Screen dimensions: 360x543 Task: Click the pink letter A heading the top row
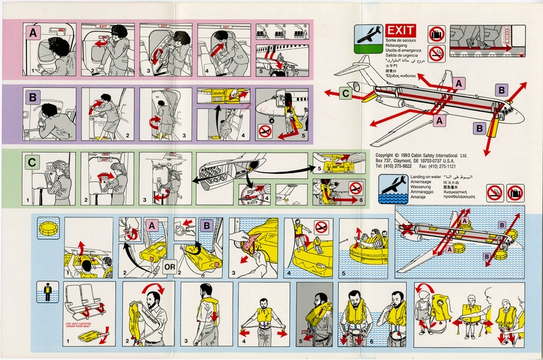[32, 31]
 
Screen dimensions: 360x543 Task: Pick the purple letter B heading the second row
[32, 96]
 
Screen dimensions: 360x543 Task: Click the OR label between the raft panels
[170, 267]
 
